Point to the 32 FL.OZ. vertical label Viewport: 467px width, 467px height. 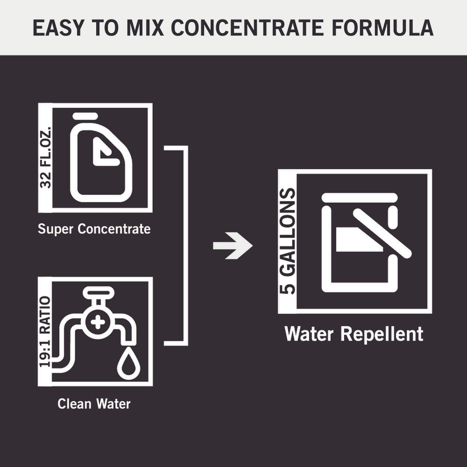[46, 158]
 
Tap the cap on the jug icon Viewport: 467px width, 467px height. [85, 116]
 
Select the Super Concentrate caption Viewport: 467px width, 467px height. [94, 228]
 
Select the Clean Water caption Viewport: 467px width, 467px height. [94, 404]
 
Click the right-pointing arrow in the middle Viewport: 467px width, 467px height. [233, 246]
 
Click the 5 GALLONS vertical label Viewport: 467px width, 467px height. [288, 241]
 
